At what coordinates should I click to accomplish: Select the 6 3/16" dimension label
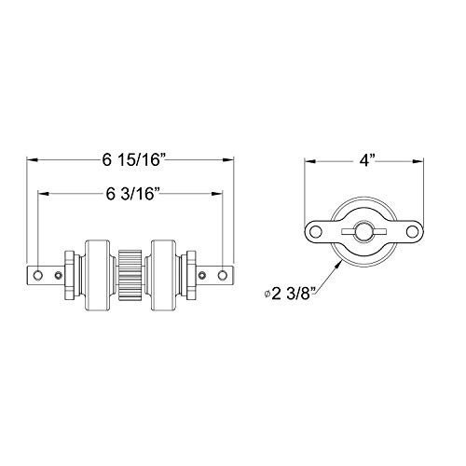click(131, 195)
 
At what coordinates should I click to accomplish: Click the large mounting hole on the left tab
click(38, 275)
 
